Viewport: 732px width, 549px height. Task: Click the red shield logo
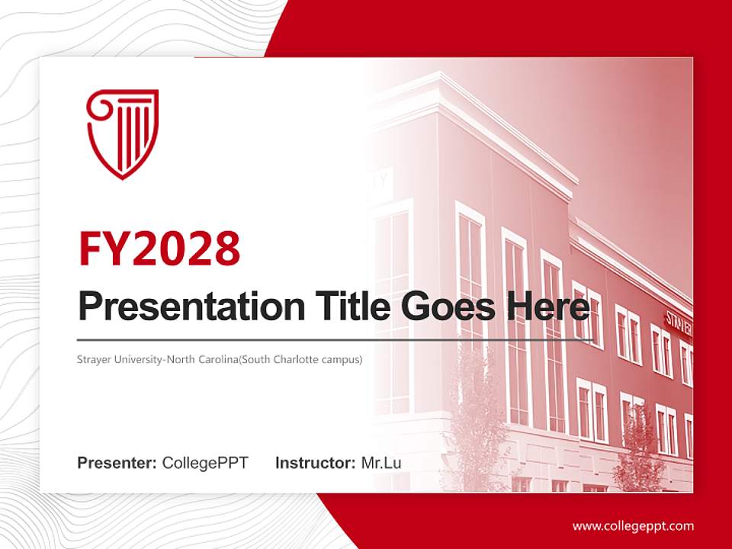(122, 133)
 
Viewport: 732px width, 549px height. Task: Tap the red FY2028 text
(159, 248)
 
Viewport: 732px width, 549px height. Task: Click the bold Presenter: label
(117, 463)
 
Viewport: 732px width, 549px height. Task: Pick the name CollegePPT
(205, 463)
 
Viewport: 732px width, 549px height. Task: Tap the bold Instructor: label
(315, 463)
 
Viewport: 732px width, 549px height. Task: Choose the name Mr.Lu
(381, 463)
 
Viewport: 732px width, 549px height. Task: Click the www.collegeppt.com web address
(633, 526)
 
